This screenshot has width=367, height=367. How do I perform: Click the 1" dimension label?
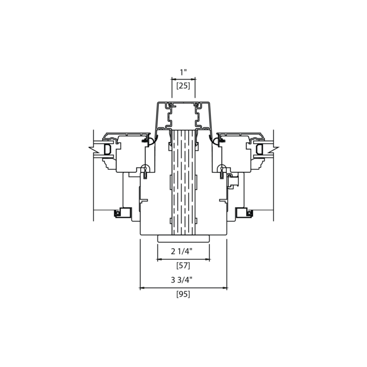[183, 72]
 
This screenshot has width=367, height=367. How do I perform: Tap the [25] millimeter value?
[183, 86]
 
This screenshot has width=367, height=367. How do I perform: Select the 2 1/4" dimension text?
[181, 251]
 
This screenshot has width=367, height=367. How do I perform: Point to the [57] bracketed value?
[183, 266]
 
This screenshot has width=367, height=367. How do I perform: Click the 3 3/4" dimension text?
[181, 280]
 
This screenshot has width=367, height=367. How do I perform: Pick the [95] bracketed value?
[183, 294]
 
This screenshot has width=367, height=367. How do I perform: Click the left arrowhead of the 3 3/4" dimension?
[142, 288]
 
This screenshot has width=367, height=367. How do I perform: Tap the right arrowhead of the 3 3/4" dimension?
[225, 288]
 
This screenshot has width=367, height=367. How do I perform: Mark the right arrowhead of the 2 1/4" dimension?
[207, 259]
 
